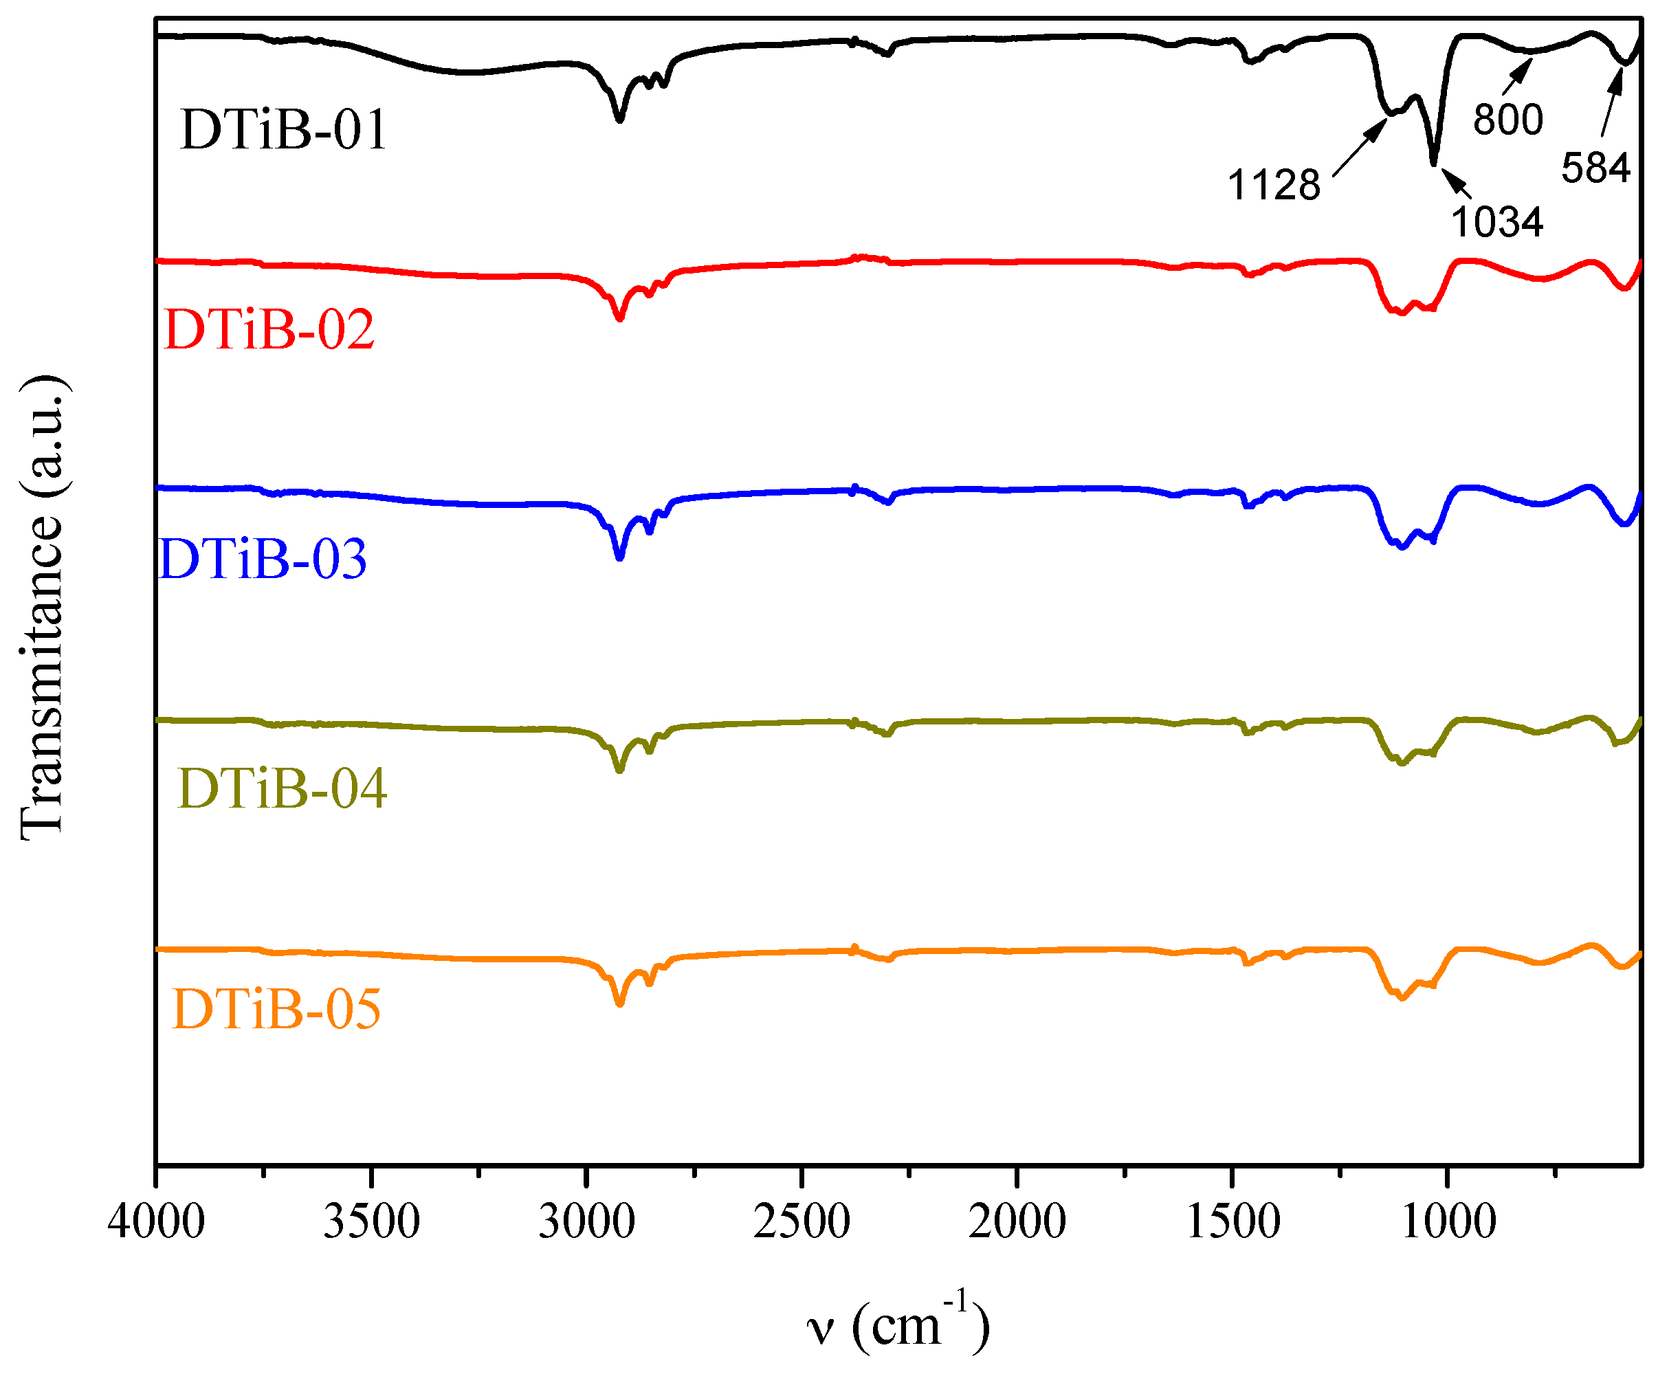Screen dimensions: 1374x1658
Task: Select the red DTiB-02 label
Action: pos(269,329)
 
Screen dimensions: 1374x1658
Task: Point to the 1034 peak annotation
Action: pos(1497,222)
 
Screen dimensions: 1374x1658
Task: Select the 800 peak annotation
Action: pos(1508,120)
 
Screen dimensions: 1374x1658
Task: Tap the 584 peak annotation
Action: pos(1595,168)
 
